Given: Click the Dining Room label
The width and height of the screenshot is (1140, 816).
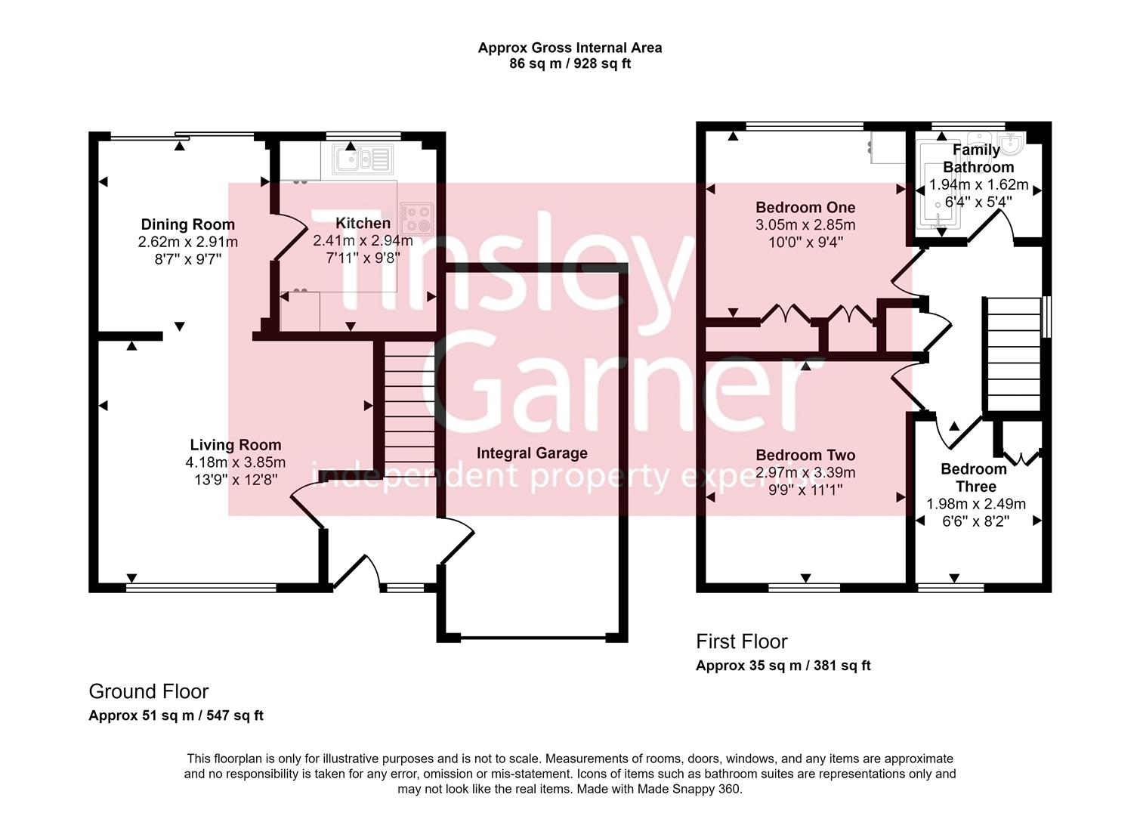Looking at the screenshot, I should tap(187, 224).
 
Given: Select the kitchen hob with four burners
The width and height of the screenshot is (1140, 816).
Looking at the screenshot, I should tap(417, 218).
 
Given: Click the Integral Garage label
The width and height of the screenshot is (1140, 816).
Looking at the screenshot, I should tap(532, 453).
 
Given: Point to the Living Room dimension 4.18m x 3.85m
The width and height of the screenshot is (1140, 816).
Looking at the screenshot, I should tap(236, 462).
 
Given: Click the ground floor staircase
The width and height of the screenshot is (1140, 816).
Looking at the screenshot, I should tap(409, 408).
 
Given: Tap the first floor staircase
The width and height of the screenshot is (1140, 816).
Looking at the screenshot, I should tap(1012, 355).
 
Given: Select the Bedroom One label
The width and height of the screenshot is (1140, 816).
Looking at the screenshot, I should tap(805, 208).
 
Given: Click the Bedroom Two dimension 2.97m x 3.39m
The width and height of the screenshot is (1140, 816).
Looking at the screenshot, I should tap(805, 473).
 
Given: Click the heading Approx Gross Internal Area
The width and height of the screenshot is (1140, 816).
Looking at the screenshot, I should tap(570, 48).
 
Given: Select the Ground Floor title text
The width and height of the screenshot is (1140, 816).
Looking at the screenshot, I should tap(148, 691).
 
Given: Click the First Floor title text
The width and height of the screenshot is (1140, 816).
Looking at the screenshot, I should tap(741, 641).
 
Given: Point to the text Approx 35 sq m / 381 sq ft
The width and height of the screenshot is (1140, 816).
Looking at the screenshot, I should tap(783, 666).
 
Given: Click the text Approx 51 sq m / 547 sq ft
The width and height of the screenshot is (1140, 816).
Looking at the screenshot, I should tap(176, 716).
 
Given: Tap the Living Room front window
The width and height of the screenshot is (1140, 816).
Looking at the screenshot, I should tap(201, 587).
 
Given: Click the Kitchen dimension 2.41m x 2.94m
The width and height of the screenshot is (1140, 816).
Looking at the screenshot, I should tap(363, 241).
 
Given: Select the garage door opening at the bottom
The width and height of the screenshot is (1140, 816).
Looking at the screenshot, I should tap(533, 638).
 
